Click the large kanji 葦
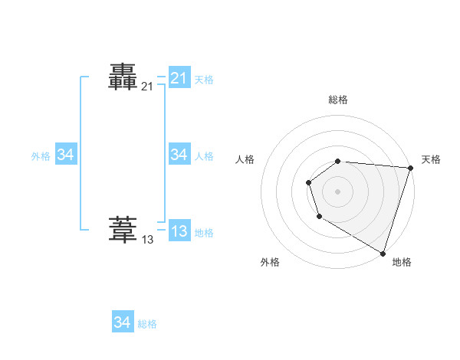tap(123, 229)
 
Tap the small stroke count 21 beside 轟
tap(147, 87)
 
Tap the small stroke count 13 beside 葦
tap(147, 240)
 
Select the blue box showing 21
tap(179, 78)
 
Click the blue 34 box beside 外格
tap(65, 155)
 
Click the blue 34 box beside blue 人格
tap(179, 155)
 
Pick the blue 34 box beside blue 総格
tap(122, 322)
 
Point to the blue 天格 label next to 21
tap(204, 80)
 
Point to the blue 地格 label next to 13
tap(204, 233)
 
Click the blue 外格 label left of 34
tap(41, 156)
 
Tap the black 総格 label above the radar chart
tap(338, 100)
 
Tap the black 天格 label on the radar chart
tap(431, 159)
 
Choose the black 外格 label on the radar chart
tap(270, 262)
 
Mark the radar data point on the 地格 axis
tap(383, 252)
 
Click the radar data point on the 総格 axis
tap(338, 161)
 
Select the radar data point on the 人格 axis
tap(308, 182)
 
